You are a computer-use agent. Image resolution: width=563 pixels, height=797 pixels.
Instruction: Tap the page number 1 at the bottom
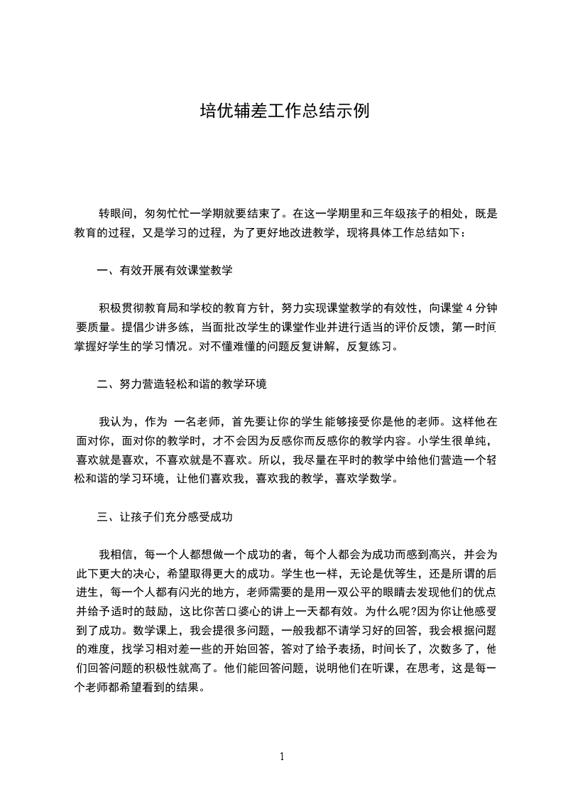(x=282, y=757)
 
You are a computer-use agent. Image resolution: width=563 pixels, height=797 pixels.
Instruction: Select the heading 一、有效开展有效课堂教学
(x=164, y=271)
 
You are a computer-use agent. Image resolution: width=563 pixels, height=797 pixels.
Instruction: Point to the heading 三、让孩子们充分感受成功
(x=164, y=517)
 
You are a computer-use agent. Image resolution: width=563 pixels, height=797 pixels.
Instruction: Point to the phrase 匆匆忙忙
(x=166, y=213)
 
